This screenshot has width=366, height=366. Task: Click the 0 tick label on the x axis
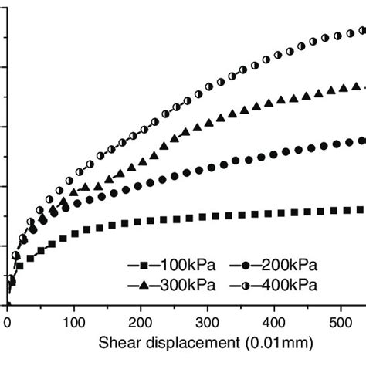pyautogui.click(x=7, y=319)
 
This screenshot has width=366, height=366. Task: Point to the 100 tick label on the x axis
pyautogui.click(x=73, y=319)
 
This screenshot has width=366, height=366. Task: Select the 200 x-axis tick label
pyautogui.click(x=141, y=319)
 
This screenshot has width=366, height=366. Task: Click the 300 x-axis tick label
pyautogui.click(x=207, y=319)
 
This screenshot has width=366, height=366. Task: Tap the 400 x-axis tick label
pyautogui.click(x=274, y=319)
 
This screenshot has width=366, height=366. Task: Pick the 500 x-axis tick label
pyautogui.click(x=341, y=319)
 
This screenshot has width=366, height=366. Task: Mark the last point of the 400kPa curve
pyautogui.click(x=361, y=32)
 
